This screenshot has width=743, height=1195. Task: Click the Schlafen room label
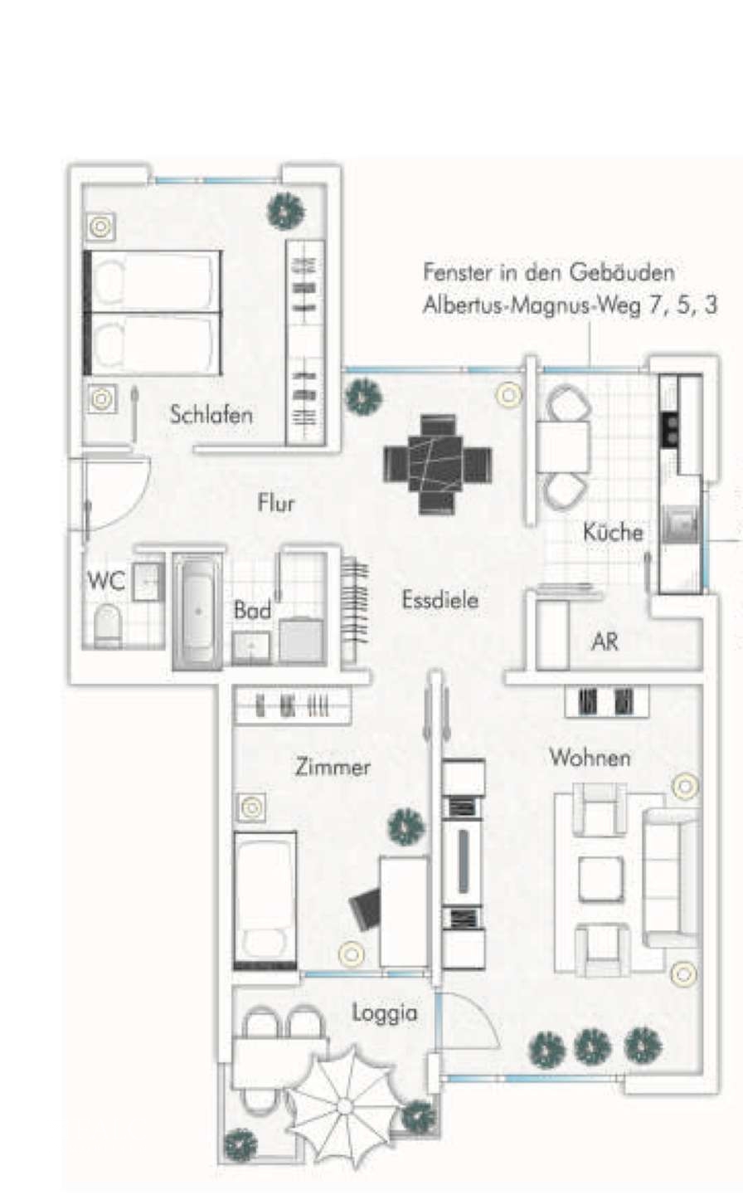click(x=211, y=414)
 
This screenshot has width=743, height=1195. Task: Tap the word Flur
click(x=275, y=503)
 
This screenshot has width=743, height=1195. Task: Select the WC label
click(x=105, y=581)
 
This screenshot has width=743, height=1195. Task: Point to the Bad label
click(x=252, y=611)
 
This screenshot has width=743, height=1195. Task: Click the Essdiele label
click(x=440, y=599)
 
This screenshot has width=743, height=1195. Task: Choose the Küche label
click(x=613, y=532)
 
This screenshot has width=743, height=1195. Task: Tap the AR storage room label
click(x=605, y=641)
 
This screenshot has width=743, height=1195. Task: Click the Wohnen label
click(x=590, y=758)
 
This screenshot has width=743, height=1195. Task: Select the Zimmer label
click(x=333, y=768)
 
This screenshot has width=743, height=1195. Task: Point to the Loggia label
click(x=384, y=1013)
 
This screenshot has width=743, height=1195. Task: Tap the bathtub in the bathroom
click(x=198, y=611)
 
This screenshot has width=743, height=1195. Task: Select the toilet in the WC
click(x=108, y=627)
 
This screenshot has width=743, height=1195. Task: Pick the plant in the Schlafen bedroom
click(x=286, y=211)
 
